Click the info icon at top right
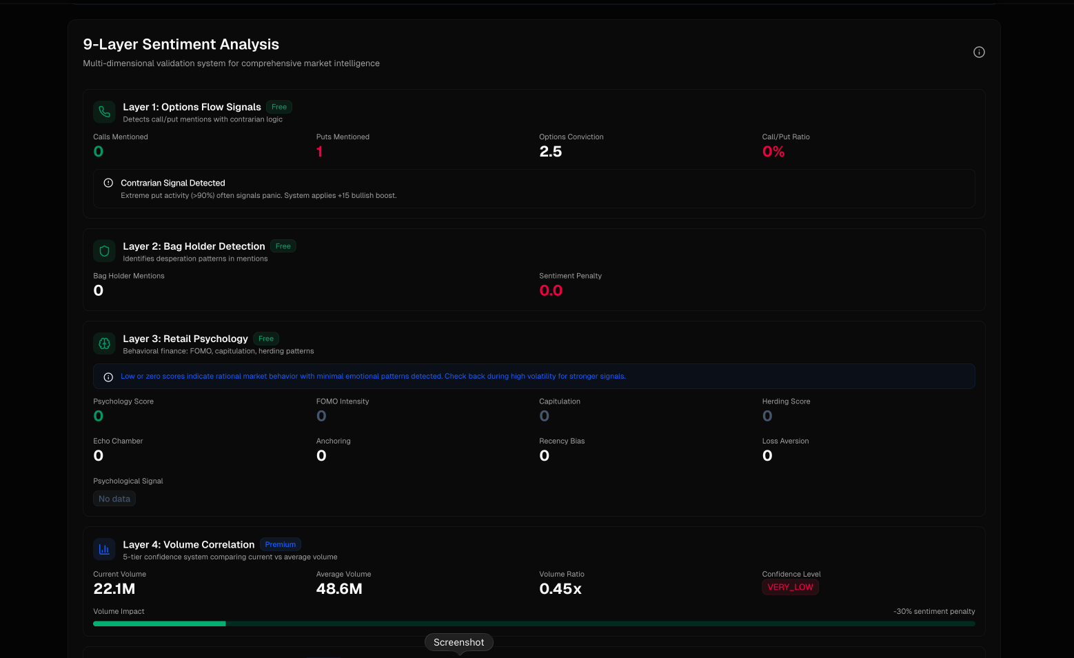tap(979, 52)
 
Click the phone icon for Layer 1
tap(104, 112)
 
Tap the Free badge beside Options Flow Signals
tap(279, 107)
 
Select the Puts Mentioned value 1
tap(319, 152)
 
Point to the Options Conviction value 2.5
tap(550, 152)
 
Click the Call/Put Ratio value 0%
tap(773, 152)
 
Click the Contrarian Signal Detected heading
tap(172, 183)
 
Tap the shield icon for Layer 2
tap(104, 251)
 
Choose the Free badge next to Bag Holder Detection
tap(283, 246)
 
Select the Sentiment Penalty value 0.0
tap(551, 290)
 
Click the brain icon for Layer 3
tap(104, 343)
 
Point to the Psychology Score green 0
tap(99, 416)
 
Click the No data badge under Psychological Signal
tap(114, 499)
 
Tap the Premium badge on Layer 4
tap(280, 544)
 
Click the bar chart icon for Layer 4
tap(104, 549)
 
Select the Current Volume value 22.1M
tap(114, 589)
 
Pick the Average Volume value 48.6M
tap(339, 589)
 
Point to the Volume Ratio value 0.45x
tap(560, 589)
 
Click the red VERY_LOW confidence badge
tap(790, 587)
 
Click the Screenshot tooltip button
tap(458, 642)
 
